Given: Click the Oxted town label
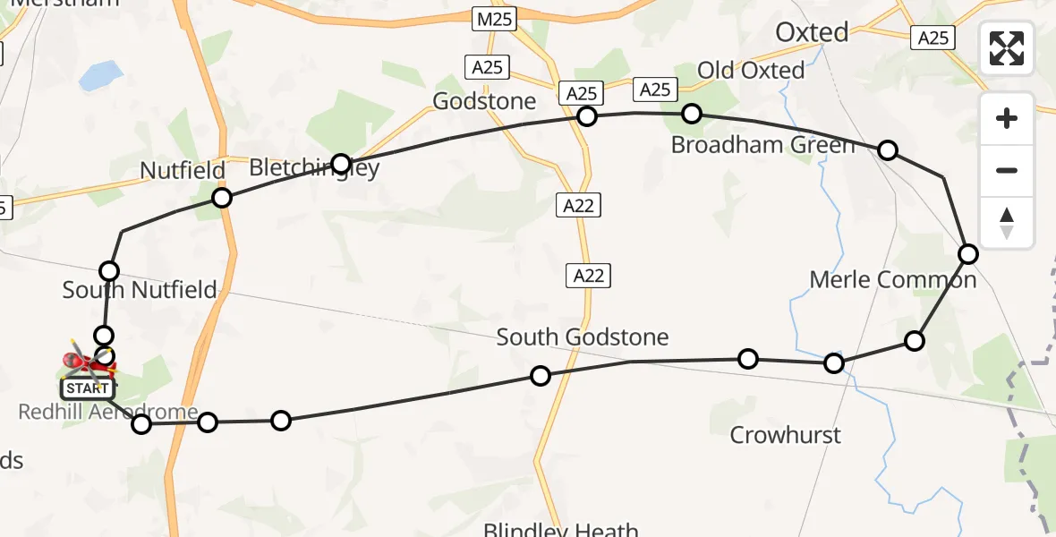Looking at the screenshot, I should click(x=812, y=33).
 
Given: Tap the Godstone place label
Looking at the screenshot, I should click(x=484, y=101).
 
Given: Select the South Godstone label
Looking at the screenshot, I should click(x=583, y=337).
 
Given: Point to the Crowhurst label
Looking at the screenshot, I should click(x=786, y=435).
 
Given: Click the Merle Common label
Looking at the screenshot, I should click(x=892, y=280).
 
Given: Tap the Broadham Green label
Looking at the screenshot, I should click(x=762, y=145).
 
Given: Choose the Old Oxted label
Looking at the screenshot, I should click(x=750, y=70).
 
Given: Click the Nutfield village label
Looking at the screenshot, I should click(x=183, y=170).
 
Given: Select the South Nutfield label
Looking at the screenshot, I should click(x=140, y=290).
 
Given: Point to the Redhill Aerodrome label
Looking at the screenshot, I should click(x=109, y=413).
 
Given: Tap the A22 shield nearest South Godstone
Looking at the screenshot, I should click(x=589, y=276).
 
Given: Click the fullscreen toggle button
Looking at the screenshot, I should click(x=1007, y=48).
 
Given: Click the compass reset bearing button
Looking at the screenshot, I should click(x=1007, y=223).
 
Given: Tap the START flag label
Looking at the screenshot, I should click(x=88, y=388).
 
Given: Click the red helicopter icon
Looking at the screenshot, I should click(x=87, y=362).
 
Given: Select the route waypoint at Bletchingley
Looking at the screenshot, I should click(x=341, y=163).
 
